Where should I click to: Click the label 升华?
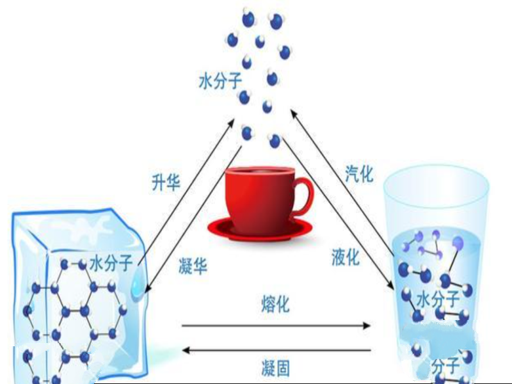(166, 182)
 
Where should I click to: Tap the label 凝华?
(193, 266)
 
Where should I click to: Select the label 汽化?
(359, 173)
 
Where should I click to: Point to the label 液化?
(346, 257)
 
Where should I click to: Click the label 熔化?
(276, 305)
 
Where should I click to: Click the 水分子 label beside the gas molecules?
(220, 81)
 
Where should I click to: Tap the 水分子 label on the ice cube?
(111, 263)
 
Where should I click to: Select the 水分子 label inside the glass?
(438, 299)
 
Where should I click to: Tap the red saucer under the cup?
(260, 229)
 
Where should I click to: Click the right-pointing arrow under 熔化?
(276, 325)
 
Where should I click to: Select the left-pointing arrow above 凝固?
(276, 350)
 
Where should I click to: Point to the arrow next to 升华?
(186, 191)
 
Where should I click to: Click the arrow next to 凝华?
(193, 220)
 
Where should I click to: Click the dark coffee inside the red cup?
(260, 170)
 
